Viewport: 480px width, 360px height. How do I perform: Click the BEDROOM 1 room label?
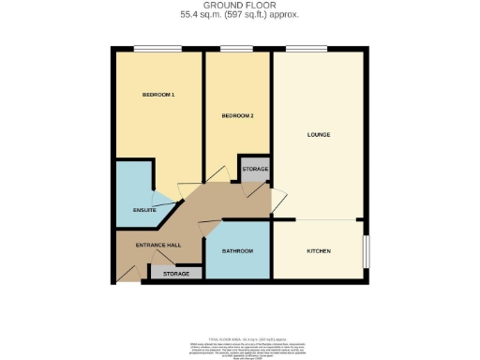tap(158, 96)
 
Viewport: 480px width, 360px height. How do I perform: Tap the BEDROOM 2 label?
tap(237, 115)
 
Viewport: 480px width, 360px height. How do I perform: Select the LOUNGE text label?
tap(319, 135)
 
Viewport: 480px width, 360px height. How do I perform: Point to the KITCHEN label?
tap(319, 251)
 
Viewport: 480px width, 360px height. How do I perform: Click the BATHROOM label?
tap(238, 252)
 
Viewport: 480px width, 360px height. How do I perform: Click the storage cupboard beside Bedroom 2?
tap(255, 169)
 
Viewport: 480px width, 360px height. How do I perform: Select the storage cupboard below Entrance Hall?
tap(176, 274)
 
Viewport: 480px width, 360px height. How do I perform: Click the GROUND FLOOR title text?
tap(240, 7)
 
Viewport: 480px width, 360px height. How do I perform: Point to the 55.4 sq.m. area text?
tap(240, 15)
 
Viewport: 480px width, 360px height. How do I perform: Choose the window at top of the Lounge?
tap(300, 48)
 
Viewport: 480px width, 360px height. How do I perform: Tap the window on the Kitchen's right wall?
tap(366, 250)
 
